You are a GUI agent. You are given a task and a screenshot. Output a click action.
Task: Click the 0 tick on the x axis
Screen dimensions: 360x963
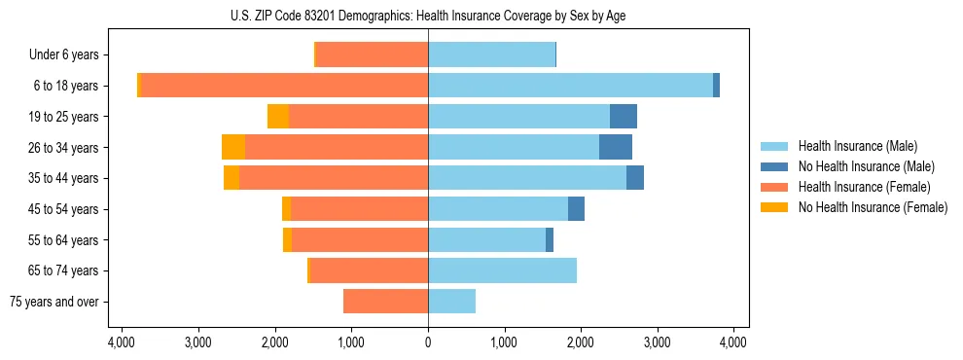pyautogui.click(x=428, y=342)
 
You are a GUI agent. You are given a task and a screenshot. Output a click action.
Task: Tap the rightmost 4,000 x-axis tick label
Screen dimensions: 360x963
pyautogui.click(x=733, y=342)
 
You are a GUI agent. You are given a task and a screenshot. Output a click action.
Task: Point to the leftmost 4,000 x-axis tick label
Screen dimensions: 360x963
pyautogui.click(x=122, y=342)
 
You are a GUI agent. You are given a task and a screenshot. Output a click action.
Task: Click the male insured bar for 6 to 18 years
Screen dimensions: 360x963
pyautogui.click(x=570, y=86)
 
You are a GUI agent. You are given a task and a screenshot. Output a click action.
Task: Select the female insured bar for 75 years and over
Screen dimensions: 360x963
pyautogui.click(x=385, y=302)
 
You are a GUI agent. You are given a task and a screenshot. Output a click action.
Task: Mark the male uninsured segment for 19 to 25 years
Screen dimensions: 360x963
pyautogui.click(x=624, y=117)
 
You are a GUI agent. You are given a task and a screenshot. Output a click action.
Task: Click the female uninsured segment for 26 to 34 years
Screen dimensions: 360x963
pyautogui.click(x=233, y=147)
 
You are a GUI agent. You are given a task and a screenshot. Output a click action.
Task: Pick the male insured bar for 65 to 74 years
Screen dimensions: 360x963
pyautogui.click(x=502, y=270)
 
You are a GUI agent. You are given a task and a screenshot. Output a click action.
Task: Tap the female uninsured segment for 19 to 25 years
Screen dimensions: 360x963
pyautogui.click(x=278, y=117)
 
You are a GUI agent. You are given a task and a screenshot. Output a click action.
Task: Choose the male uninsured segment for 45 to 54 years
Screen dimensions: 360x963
pyautogui.click(x=576, y=209)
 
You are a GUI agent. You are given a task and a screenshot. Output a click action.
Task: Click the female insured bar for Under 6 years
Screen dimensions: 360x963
pyautogui.click(x=373, y=54)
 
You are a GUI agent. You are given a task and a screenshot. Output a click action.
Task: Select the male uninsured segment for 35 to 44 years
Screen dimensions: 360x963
pyautogui.click(x=635, y=178)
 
